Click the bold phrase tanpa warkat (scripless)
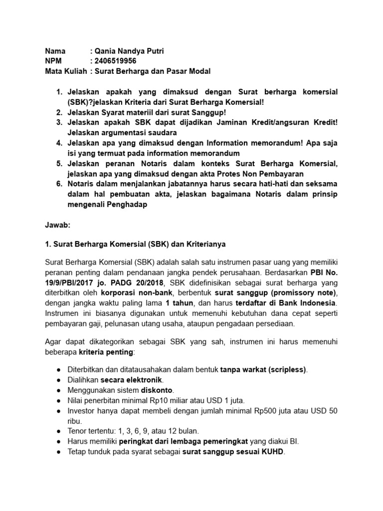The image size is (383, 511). pyautogui.click(x=263, y=369)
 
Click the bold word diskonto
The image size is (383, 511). pyautogui.click(x=161, y=389)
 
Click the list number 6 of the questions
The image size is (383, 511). pyautogui.click(x=58, y=184)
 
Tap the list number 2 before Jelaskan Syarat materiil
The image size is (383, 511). pyautogui.click(x=58, y=112)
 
